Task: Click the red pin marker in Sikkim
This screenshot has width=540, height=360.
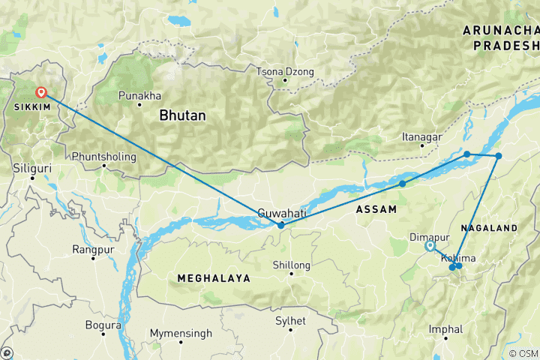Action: coord(42,93)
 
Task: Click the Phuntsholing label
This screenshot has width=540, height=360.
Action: coord(104,157)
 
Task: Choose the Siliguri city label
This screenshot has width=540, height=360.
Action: coord(33,169)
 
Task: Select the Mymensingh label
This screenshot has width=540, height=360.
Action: coord(181,332)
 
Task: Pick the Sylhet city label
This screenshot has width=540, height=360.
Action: coord(290,321)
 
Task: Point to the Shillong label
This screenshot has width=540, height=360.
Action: coord(292,265)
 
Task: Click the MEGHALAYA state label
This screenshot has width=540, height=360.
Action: coord(213,278)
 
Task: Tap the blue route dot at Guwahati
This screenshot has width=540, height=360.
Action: coord(280,225)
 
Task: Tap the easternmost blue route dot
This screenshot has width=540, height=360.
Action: coord(498,156)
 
